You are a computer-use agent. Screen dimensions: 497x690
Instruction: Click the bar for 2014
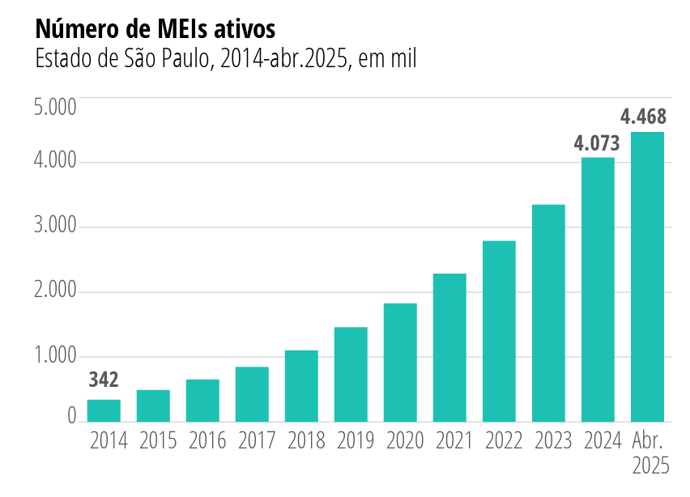[104, 410]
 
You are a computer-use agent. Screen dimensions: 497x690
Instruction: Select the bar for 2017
[252, 394]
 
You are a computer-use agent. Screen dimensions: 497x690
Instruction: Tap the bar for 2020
[400, 363]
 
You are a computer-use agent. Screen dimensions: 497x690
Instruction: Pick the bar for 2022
[499, 331]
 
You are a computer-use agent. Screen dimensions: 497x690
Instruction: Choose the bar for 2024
[598, 290]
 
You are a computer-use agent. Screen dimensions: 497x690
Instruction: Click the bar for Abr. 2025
[647, 277]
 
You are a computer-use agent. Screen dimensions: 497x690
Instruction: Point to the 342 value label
[104, 380]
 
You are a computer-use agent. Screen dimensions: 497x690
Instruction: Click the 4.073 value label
[597, 144]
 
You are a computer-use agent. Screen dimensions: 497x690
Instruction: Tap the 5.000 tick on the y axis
[55, 107]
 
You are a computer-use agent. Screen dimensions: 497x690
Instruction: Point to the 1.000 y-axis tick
[55, 355]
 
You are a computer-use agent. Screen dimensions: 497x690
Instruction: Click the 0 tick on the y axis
[71, 416]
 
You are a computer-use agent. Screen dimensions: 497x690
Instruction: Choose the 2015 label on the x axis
[158, 441]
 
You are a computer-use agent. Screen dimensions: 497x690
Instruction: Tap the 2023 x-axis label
[552, 441]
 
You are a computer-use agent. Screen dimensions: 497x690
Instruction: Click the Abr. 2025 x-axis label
[649, 453]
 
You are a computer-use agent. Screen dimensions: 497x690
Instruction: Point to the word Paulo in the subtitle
[182, 59]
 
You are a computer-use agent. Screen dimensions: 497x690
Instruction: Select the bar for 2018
[301, 386]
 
